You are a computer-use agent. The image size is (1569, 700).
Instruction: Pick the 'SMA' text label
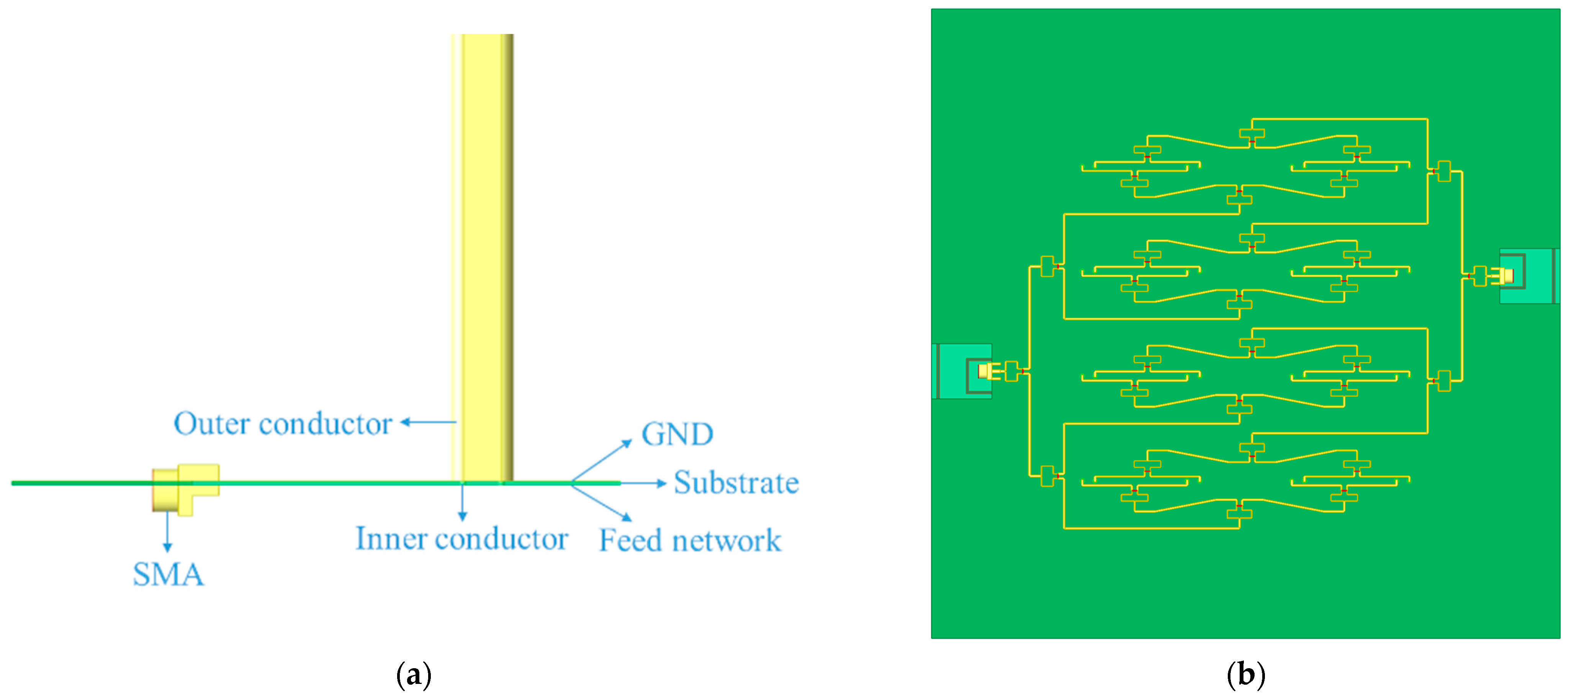tap(168, 574)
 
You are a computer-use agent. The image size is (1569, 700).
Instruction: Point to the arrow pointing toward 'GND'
tap(602, 461)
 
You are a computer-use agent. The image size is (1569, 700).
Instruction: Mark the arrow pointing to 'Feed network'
tap(602, 503)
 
